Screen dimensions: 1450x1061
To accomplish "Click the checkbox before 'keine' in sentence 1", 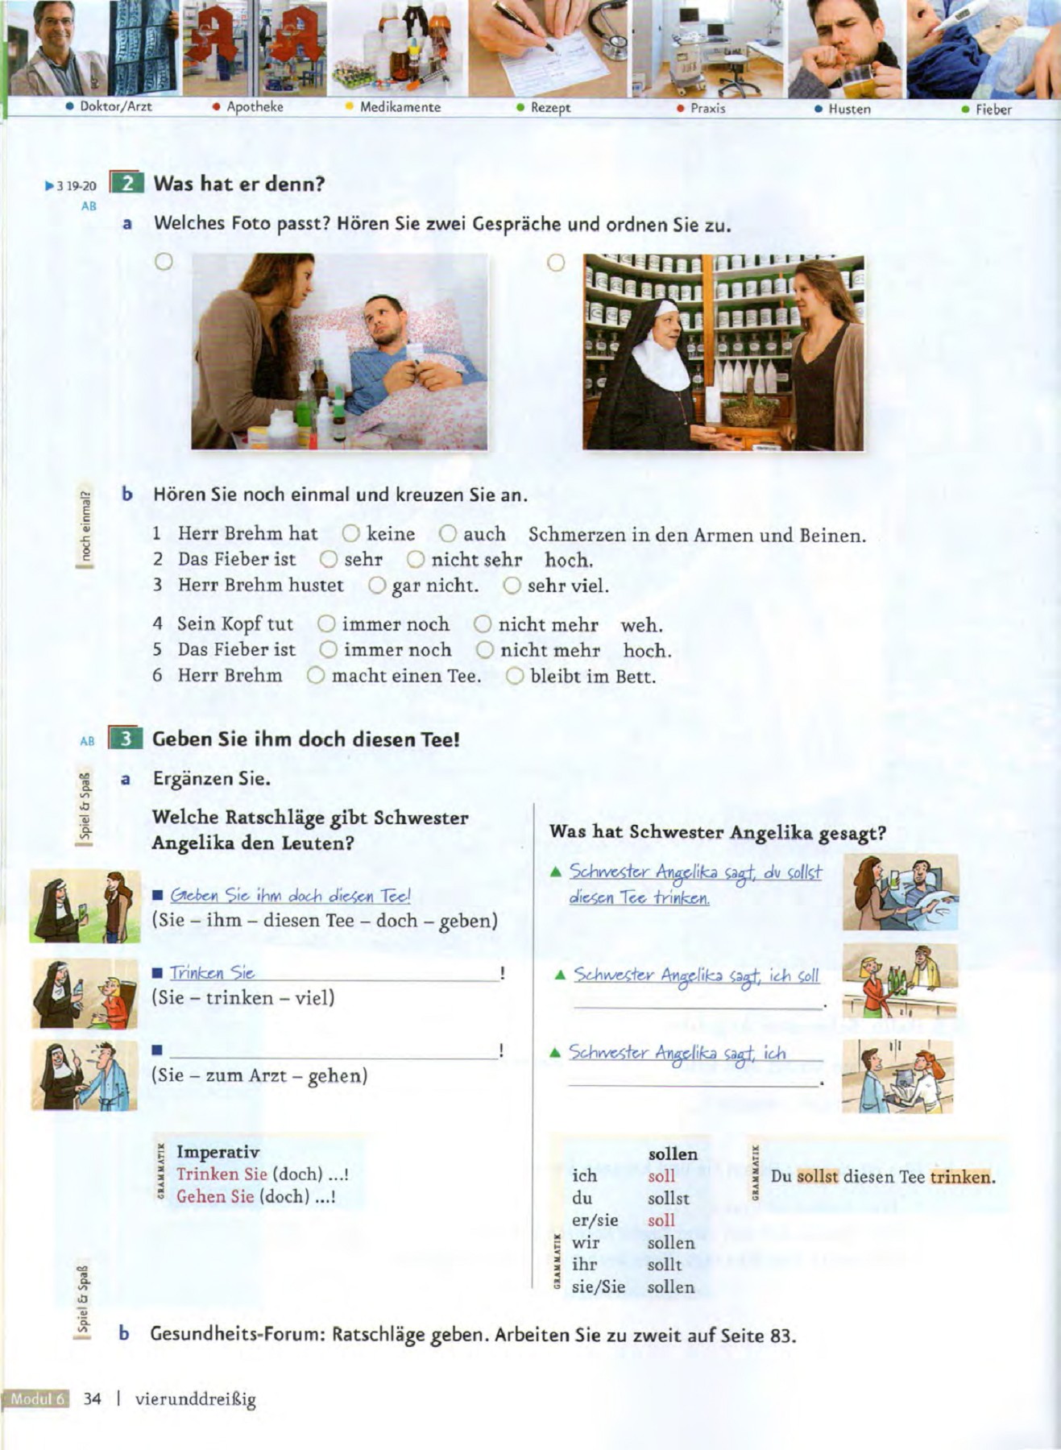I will pyautogui.click(x=350, y=533).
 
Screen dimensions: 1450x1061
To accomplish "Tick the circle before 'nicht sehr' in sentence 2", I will pyautogui.click(x=416, y=559).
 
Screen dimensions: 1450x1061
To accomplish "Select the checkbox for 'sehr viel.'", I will pyautogui.click(x=512, y=586).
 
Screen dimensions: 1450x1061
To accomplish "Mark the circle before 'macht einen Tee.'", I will pyautogui.click(x=316, y=676).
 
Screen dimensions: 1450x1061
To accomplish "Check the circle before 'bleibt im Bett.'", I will pyautogui.click(x=515, y=676).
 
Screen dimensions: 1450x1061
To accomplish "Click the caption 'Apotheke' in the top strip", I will pyautogui.click(x=255, y=106).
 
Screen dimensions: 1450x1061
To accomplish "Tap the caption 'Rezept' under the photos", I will pyautogui.click(x=550, y=107).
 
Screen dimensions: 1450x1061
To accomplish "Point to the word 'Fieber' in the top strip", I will pyautogui.click(x=993, y=110).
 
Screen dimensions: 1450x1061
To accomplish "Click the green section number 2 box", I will pyautogui.click(x=126, y=184).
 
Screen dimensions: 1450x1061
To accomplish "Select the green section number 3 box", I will pyautogui.click(x=126, y=739).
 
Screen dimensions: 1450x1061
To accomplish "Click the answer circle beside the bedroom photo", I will pyautogui.click(x=164, y=262).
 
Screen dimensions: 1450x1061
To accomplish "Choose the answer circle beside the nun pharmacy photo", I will pyautogui.click(x=555, y=263).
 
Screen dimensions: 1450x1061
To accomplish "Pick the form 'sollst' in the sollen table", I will pyautogui.click(x=668, y=1199).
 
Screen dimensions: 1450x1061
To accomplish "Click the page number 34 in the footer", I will pyautogui.click(x=93, y=1399).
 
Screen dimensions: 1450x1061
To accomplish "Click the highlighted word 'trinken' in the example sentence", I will pyautogui.click(x=960, y=1177).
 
